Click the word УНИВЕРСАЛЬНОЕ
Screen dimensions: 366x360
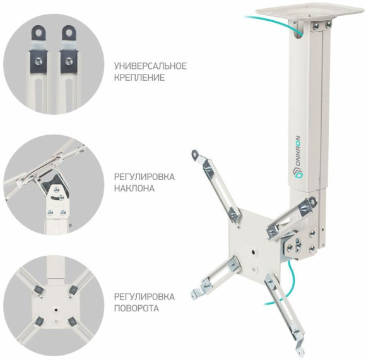click(x=150, y=66)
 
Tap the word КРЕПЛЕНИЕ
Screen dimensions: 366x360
click(x=139, y=78)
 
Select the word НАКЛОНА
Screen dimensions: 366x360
click(x=134, y=188)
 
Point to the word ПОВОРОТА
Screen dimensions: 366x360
click(x=136, y=308)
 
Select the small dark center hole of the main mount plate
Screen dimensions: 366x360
click(x=254, y=252)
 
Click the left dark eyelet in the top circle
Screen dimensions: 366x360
click(x=38, y=33)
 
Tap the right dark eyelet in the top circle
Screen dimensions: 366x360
click(x=69, y=33)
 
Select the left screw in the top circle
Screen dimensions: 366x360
click(x=38, y=61)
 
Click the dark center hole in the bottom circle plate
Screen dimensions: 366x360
click(x=56, y=310)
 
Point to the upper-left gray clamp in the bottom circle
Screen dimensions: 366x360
click(x=38, y=290)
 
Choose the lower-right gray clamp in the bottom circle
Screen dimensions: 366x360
click(x=73, y=321)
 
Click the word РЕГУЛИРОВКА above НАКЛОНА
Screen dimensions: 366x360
click(x=145, y=177)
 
